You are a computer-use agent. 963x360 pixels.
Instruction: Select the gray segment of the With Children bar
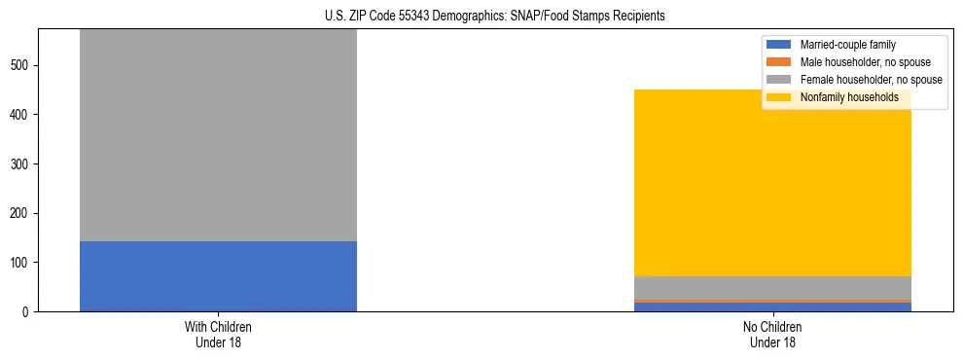pyautogui.click(x=218, y=136)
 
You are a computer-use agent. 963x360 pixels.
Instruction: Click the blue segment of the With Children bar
pyautogui.click(x=218, y=275)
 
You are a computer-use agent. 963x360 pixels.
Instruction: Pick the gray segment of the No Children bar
pyautogui.click(x=772, y=288)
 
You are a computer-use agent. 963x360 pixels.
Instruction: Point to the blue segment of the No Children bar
pyautogui.click(x=772, y=307)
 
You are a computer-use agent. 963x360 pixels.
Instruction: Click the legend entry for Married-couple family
pyautogui.click(x=847, y=45)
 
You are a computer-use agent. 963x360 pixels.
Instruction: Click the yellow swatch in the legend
pyautogui.click(x=779, y=97)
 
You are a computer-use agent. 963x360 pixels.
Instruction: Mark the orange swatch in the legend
pyautogui.click(x=779, y=62)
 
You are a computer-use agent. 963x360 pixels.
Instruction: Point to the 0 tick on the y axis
pyautogui.click(x=26, y=311)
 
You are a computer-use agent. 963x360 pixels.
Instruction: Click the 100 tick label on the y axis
pyautogui.click(x=20, y=263)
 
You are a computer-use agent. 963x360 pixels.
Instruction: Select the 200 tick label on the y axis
pyautogui.click(x=20, y=213)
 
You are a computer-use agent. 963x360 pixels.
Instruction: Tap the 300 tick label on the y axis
pyautogui.click(x=20, y=164)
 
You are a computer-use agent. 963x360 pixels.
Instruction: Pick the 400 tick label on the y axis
pyautogui.click(x=20, y=115)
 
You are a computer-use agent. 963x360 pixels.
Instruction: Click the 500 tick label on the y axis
pyautogui.click(x=20, y=65)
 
